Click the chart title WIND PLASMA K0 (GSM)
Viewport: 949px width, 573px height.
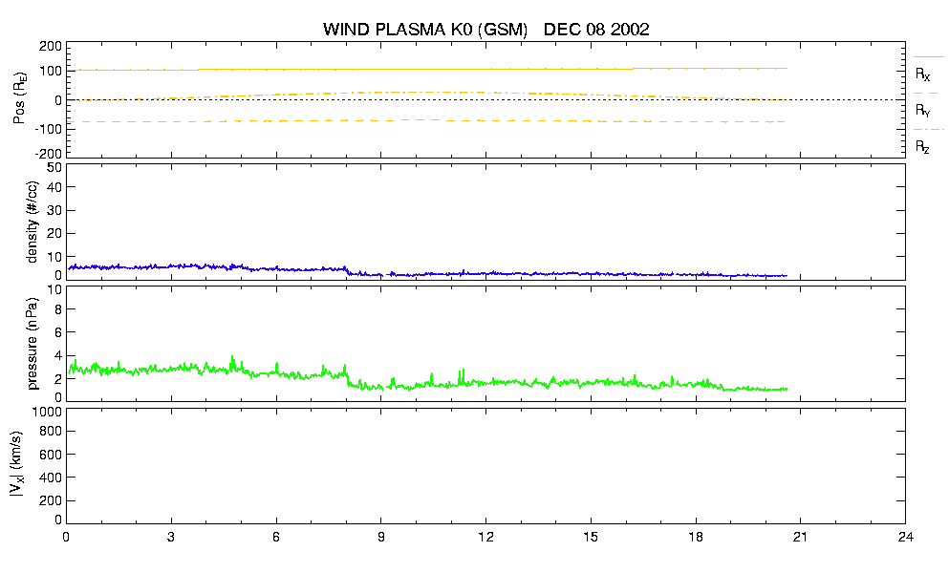425,30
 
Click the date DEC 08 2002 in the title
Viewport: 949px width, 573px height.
596,30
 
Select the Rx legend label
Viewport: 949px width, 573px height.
922,74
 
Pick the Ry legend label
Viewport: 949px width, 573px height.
922,110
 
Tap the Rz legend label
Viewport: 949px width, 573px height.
922,146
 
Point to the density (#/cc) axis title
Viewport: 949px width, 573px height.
32,223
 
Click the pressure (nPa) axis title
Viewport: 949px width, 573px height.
32,343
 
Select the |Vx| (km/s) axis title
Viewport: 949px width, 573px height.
17,465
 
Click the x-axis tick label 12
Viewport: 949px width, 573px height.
485,537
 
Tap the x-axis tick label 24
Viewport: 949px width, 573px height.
905,537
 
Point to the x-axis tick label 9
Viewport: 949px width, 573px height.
380,537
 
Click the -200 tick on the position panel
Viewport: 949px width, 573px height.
49,153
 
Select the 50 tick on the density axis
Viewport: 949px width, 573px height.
54,168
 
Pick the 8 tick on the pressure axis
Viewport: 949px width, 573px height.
58,309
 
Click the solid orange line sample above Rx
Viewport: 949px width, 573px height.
928,57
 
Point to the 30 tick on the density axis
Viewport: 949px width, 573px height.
54,210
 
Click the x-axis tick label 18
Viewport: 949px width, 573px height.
696,537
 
